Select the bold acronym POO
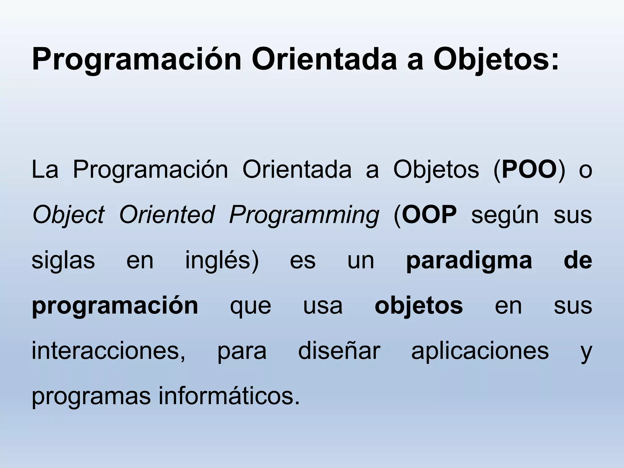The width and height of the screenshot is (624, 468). click(x=529, y=170)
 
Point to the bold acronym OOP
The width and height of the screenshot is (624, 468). click(x=429, y=215)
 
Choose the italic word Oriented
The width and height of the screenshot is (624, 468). click(x=167, y=215)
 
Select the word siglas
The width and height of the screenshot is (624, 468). click(x=63, y=261)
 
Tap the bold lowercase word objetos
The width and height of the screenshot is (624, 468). click(x=419, y=306)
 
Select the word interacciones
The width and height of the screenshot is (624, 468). click(x=108, y=351)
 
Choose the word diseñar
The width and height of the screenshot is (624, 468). click(x=339, y=351)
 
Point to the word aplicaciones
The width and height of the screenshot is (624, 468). click(x=480, y=352)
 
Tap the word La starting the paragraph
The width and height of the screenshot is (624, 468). click(x=45, y=170)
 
